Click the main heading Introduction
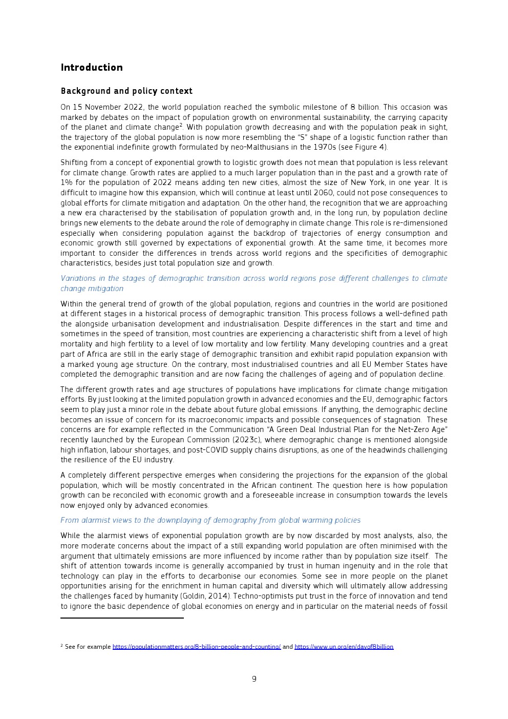pyautogui.click(x=92, y=68)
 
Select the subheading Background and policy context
pyautogui.click(x=126, y=91)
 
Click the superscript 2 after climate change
pyautogui.click(x=181, y=126)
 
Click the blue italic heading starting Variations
pyautogui.click(x=253, y=278)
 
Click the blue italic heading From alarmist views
pyautogui.click(x=210, y=520)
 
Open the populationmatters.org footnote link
pyautogui.click(x=197, y=647)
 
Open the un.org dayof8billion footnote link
pyautogui.click(x=344, y=647)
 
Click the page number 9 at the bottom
pyautogui.click(x=254, y=679)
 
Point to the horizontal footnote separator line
pyautogui.click(x=122, y=618)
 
